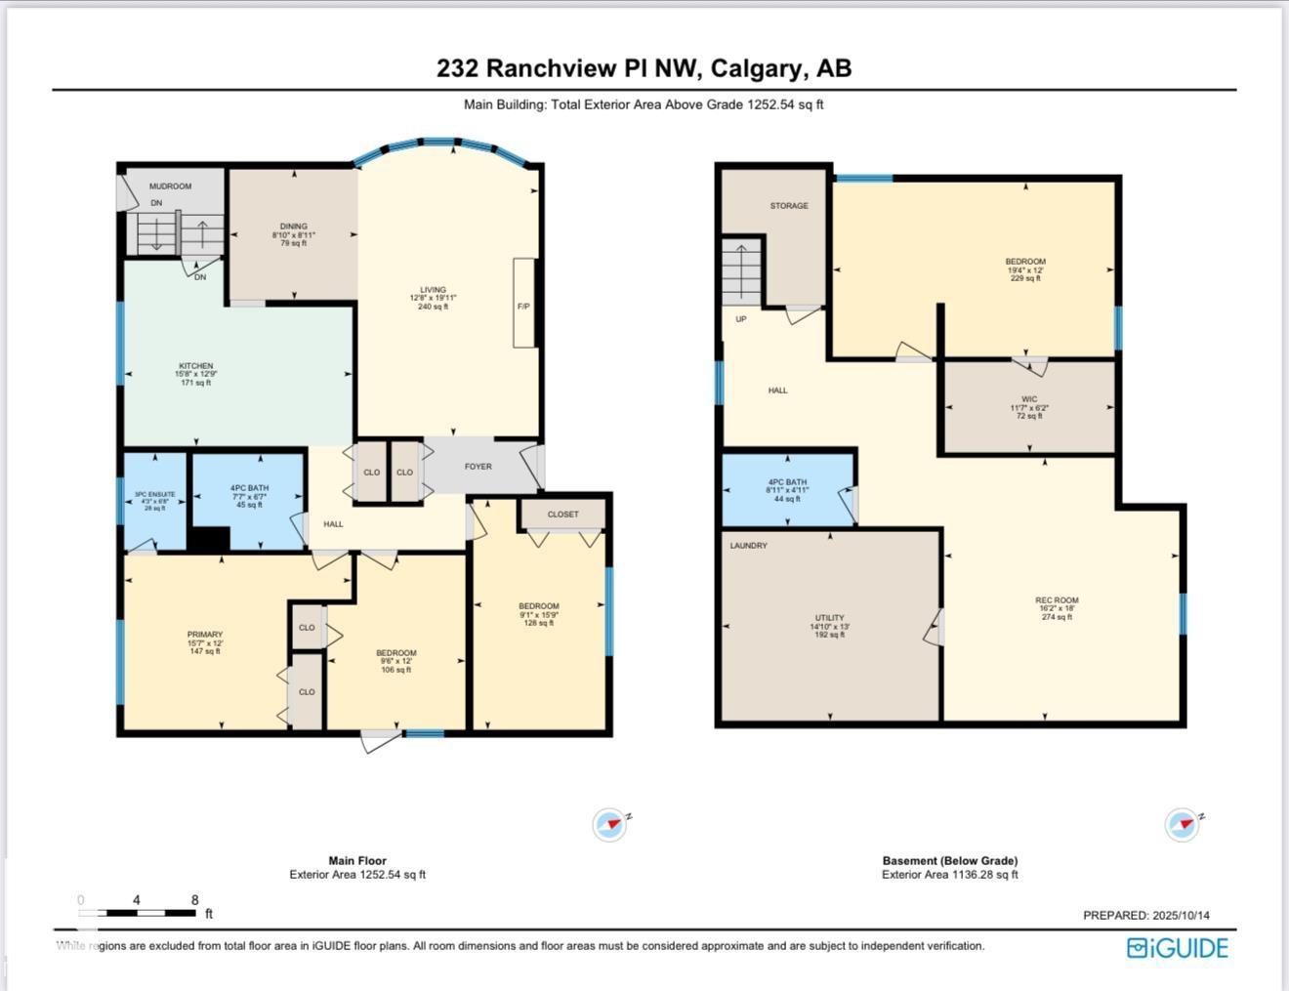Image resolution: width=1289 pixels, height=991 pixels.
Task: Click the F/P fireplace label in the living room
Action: pos(523,307)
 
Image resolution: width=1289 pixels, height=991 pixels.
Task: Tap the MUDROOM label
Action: pos(170,186)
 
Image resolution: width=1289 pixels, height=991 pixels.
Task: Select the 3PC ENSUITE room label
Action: pos(155,495)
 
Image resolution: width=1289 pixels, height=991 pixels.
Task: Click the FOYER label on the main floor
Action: pos(478,467)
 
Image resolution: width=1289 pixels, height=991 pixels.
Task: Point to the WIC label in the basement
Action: pos(1029,399)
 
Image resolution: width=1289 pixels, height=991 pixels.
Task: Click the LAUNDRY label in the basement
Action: pos(748,546)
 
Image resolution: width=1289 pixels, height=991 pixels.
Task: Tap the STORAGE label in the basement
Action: pos(789,206)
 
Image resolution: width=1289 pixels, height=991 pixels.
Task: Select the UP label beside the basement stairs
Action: pos(741,319)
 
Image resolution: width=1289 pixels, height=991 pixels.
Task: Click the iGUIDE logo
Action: pos(1178,948)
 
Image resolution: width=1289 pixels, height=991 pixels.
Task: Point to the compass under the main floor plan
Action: pos(610,825)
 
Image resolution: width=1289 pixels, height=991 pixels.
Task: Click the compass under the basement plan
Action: pos(1183,825)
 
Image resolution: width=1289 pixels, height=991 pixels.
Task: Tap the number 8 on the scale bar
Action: pos(195,900)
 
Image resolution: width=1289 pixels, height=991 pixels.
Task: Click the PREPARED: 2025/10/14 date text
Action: pos(1145,915)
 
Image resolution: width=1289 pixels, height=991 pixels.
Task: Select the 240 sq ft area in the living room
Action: pos(433,307)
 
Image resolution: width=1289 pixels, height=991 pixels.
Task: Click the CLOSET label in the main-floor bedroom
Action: pos(562,514)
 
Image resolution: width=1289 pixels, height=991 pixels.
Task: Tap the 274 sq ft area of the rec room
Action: pos(1057,617)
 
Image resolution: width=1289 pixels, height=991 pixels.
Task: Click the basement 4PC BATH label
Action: pos(787,482)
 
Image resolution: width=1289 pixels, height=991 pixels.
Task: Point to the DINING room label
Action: pos(294,227)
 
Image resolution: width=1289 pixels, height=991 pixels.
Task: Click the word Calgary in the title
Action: pos(758,68)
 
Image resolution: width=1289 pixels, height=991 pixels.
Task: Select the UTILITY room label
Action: pos(830,618)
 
